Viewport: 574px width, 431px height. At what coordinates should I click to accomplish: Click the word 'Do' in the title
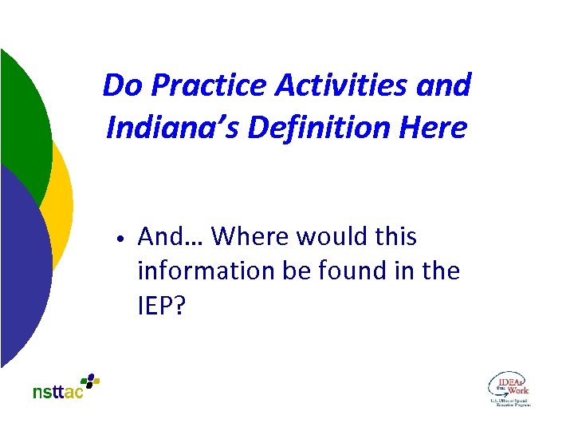(x=121, y=85)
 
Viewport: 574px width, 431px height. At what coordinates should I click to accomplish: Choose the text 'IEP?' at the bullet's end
(x=161, y=306)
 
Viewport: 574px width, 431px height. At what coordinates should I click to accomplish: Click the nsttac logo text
(x=57, y=392)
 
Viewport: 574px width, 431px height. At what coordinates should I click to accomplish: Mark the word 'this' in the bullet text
(x=395, y=237)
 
